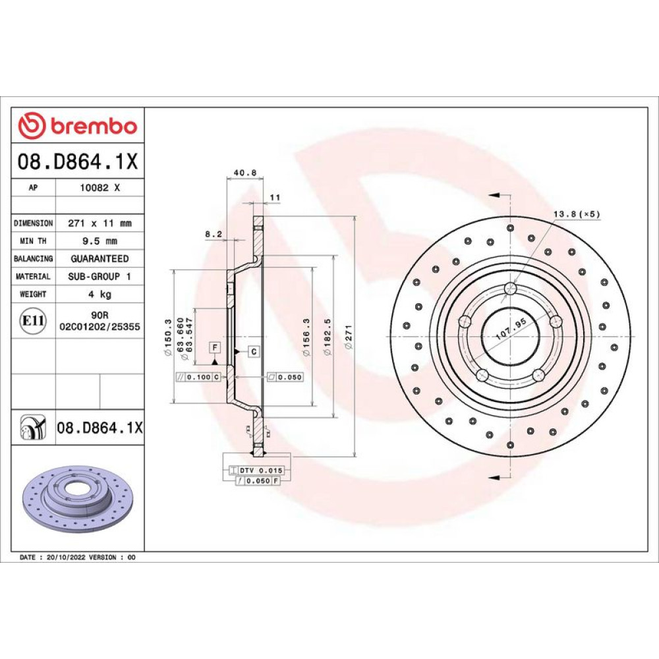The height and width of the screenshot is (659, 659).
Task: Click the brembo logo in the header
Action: click(78, 125)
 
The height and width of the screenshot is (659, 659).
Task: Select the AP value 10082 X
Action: click(100, 188)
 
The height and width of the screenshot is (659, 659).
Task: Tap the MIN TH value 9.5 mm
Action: click(100, 241)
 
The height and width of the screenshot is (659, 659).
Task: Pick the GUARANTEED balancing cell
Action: click(100, 258)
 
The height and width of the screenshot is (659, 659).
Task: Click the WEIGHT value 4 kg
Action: click(100, 294)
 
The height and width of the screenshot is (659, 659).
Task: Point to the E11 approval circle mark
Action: click(33, 321)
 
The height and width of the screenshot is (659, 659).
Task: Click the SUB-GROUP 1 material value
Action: click(100, 276)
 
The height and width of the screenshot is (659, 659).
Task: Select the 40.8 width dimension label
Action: click(245, 172)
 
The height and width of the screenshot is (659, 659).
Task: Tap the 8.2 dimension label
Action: click(214, 234)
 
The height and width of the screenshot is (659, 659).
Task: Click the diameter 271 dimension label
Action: click(349, 337)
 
